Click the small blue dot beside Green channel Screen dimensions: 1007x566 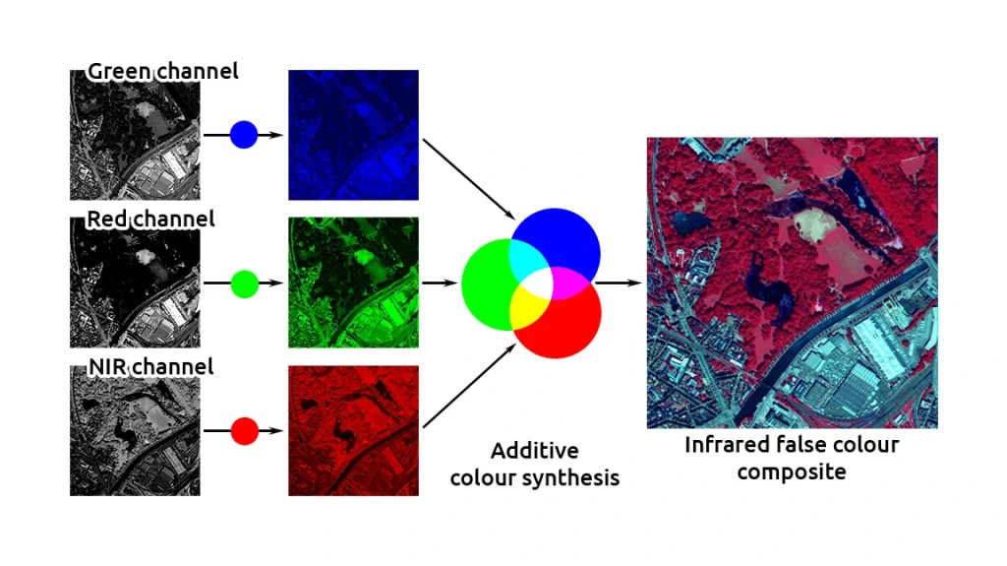tap(244, 135)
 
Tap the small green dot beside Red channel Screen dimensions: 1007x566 tap(245, 283)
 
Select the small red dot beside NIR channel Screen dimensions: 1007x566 tap(245, 431)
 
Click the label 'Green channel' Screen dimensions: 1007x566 tap(162, 71)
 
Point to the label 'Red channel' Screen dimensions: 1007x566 tap(150, 219)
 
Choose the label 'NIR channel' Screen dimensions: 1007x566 tap(150, 366)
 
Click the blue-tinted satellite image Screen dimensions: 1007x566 tap(353, 135)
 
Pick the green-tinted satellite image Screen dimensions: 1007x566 tap(353, 283)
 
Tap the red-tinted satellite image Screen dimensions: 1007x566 tap(353, 431)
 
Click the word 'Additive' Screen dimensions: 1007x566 tap(534, 450)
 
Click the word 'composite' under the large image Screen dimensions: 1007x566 tap(792, 472)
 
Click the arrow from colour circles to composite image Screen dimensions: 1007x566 tap(618, 283)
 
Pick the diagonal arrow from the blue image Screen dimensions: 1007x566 tap(469, 179)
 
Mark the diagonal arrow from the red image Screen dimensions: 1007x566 tap(469, 386)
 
